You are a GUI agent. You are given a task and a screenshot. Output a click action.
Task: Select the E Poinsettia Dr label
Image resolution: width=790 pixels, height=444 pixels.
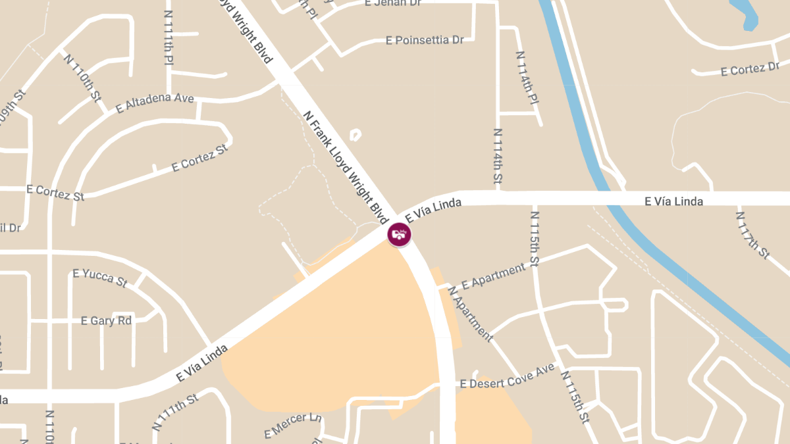click(x=425, y=40)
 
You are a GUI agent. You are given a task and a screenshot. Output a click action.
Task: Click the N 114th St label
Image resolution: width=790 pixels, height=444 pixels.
click(x=498, y=155)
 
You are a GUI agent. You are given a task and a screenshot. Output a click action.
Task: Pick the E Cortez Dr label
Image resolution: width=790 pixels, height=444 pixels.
click(x=750, y=68)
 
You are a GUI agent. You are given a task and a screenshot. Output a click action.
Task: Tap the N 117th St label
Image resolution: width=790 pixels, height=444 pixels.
click(x=752, y=234)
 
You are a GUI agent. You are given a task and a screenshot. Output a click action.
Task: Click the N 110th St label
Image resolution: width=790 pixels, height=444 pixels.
click(x=83, y=78)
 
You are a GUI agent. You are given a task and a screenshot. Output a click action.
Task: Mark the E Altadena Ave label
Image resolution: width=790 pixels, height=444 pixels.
click(x=155, y=103)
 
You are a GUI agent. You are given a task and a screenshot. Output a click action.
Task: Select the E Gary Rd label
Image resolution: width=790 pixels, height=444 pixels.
click(x=106, y=321)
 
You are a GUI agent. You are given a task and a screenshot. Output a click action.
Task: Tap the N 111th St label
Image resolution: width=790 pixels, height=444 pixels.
click(x=175, y=412)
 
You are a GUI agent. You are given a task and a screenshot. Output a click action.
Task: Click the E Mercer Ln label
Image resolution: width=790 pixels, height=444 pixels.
click(x=293, y=425)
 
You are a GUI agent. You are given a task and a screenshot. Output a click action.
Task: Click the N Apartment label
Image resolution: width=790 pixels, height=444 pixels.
click(x=470, y=314)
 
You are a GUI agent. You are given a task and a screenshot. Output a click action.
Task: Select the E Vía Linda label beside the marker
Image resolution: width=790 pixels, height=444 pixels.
click(x=433, y=209)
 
